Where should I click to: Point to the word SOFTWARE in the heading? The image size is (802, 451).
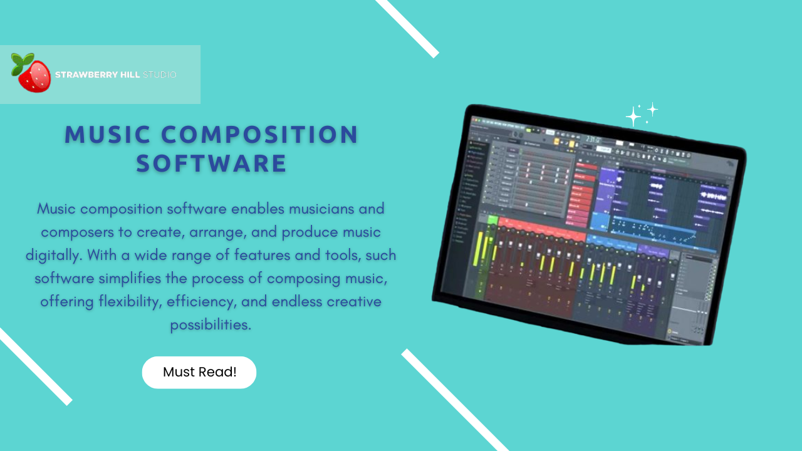pos(212,163)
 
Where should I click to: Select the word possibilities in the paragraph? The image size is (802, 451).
pos(211,325)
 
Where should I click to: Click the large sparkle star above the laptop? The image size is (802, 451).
pos(633,117)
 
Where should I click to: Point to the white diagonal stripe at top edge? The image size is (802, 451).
pos(407,28)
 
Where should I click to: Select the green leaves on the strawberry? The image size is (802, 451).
pos(23,62)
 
